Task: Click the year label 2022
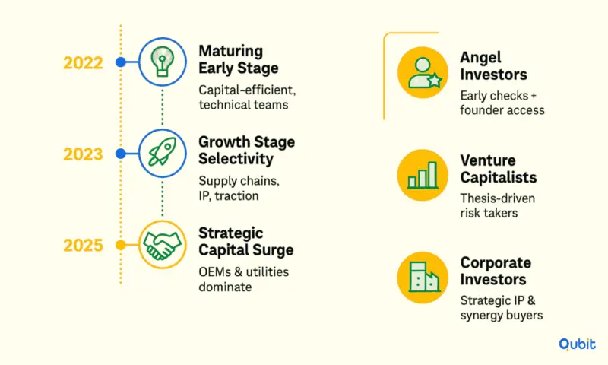[x=83, y=63]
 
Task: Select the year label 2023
[x=83, y=154]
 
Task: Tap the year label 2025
[x=83, y=246]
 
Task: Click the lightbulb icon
[x=162, y=62]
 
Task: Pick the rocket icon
[x=162, y=152]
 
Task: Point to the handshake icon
[x=162, y=245]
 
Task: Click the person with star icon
[x=423, y=72]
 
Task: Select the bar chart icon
[x=423, y=175]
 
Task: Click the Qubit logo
[x=577, y=344]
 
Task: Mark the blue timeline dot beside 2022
[x=121, y=62]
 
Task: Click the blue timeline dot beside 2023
[x=121, y=154]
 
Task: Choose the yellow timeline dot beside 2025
[x=121, y=245]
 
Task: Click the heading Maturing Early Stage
[x=239, y=59]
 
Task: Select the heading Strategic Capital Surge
[x=245, y=241]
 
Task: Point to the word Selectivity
[x=236, y=159]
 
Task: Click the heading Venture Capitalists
[x=499, y=169]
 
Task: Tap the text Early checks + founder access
[x=502, y=103]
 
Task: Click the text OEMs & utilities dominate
[x=243, y=279]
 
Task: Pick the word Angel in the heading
[x=480, y=58]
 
